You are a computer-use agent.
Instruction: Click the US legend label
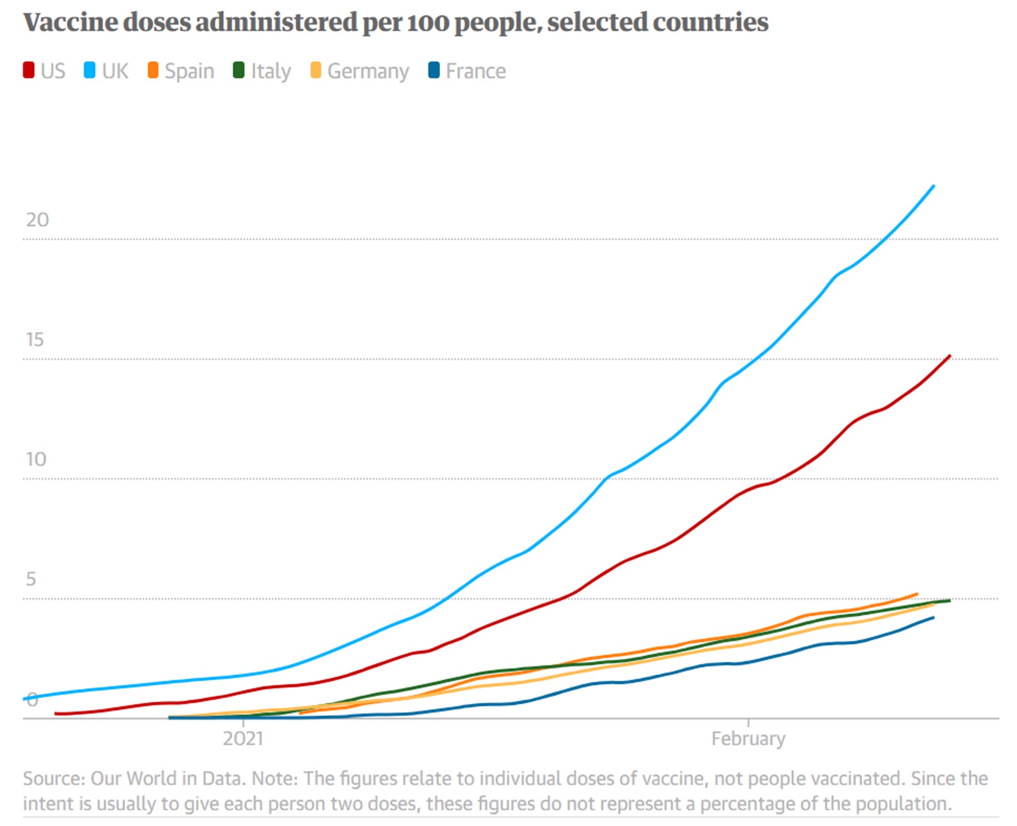pyautogui.click(x=53, y=71)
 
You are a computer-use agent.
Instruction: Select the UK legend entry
pyautogui.click(x=115, y=71)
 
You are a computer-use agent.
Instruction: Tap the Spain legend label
pyautogui.click(x=189, y=71)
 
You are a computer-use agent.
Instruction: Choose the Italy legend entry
pyautogui.click(x=270, y=71)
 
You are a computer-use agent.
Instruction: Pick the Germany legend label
pyautogui.click(x=368, y=71)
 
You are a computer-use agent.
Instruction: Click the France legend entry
pyautogui.click(x=475, y=71)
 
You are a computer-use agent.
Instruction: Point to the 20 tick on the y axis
pyautogui.click(x=37, y=220)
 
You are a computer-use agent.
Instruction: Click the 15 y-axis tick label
pyautogui.click(x=35, y=340)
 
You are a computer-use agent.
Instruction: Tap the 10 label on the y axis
pyautogui.click(x=36, y=459)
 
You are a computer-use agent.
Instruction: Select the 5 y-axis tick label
pyautogui.click(x=31, y=579)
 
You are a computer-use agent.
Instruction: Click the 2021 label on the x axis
pyautogui.click(x=243, y=738)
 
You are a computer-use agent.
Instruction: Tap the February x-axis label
pyautogui.click(x=748, y=738)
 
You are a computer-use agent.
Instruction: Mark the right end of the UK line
pyautogui.click(x=934, y=186)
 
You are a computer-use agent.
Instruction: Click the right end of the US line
pyautogui.click(x=949, y=356)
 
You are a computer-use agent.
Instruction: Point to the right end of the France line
pyautogui.click(x=934, y=617)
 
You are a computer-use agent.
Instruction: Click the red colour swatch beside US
pyautogui.click(x=29, y=70)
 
